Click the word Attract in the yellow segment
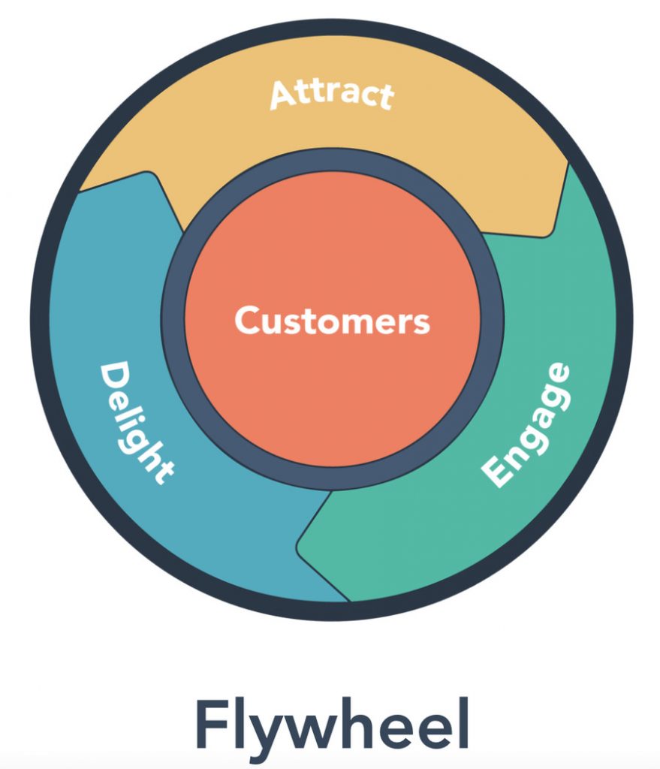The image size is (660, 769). (331, 95)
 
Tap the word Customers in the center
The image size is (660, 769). (332, 321)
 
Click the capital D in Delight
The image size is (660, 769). (113, 375)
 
